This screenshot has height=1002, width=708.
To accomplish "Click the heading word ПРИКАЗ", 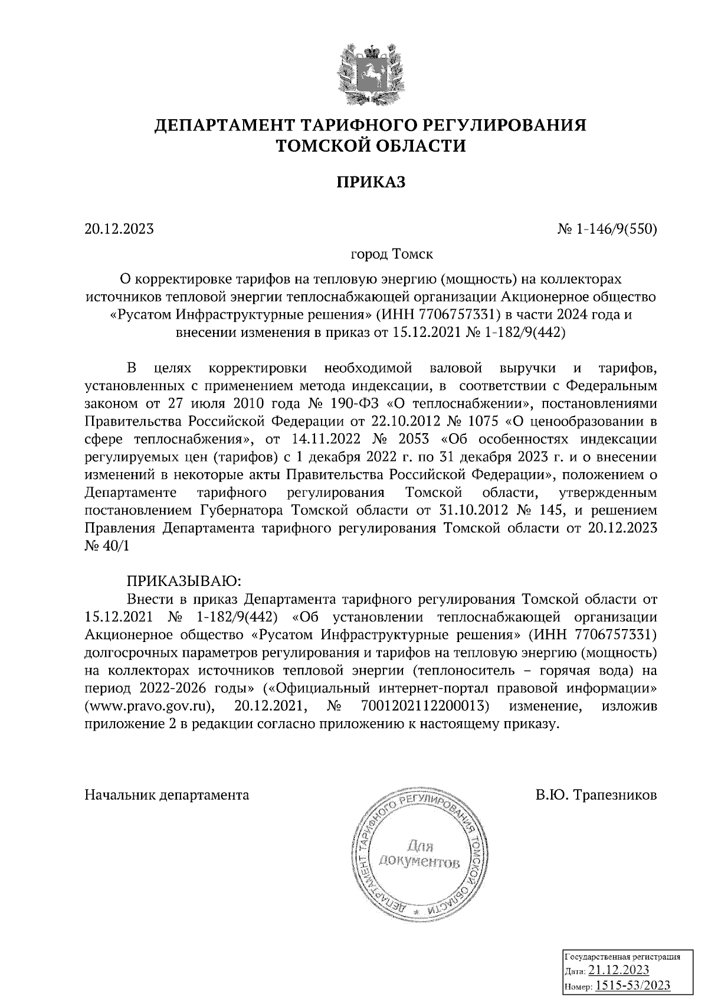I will [371, 182].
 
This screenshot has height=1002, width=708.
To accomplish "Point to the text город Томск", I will [392, 255].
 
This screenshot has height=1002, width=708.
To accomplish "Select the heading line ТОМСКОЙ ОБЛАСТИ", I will [371, 145].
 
